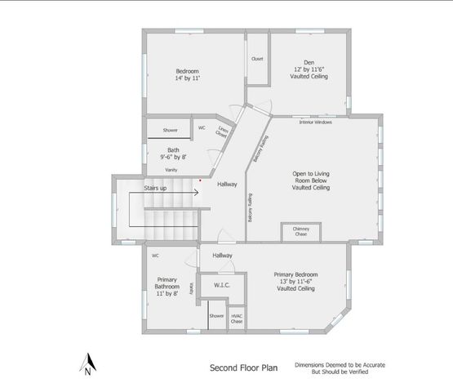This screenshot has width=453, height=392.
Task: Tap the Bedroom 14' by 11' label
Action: click(187, 76)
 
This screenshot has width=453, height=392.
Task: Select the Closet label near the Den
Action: click(257, 59)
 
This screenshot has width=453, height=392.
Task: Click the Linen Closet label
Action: click(222, 132)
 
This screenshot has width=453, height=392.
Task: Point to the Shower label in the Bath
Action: click(170, 130)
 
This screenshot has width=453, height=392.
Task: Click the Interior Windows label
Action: click(315, 122)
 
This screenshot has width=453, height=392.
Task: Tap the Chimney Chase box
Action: click(300, 231)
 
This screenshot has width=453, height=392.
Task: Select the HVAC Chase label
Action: click(237, 318)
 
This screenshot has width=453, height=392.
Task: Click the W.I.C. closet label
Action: click(221, 285)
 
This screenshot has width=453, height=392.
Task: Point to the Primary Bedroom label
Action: click(296, 281)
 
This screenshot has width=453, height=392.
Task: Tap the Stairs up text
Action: click(156, 188)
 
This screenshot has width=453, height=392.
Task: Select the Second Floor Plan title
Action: click(243, 367)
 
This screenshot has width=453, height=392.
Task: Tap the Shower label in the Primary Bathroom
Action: click(216, 315)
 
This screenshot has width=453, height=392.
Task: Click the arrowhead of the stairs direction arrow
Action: click(198, 193)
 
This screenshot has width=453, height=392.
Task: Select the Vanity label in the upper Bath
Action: click(171, 169)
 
